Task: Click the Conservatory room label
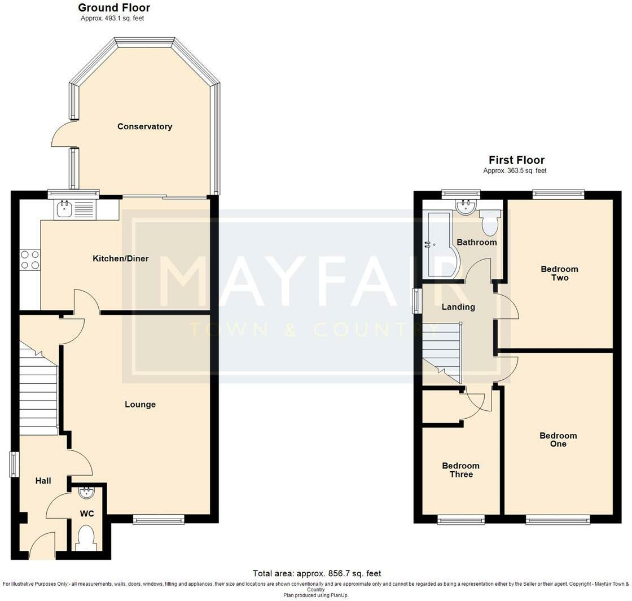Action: coord(144,126)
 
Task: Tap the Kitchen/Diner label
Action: coord(121,258)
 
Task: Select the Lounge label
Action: coord(140,404)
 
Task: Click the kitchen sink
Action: coord(76,209)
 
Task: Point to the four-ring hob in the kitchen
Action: coord(30,260)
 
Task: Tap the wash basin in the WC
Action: coord(85,492)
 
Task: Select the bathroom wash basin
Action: coord(466,207)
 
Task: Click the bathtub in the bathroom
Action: coord(440,244)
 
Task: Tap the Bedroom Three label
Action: coord(460,470)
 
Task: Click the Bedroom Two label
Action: coord(559,273)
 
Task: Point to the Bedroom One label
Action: coord(558,440)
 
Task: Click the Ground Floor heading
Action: coord(114,8)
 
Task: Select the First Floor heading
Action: coord(517,160)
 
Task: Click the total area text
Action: coord(317,573)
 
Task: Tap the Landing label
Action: coord(458,307)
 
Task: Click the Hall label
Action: coord(43,480)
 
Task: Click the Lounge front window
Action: coord(159,520)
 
